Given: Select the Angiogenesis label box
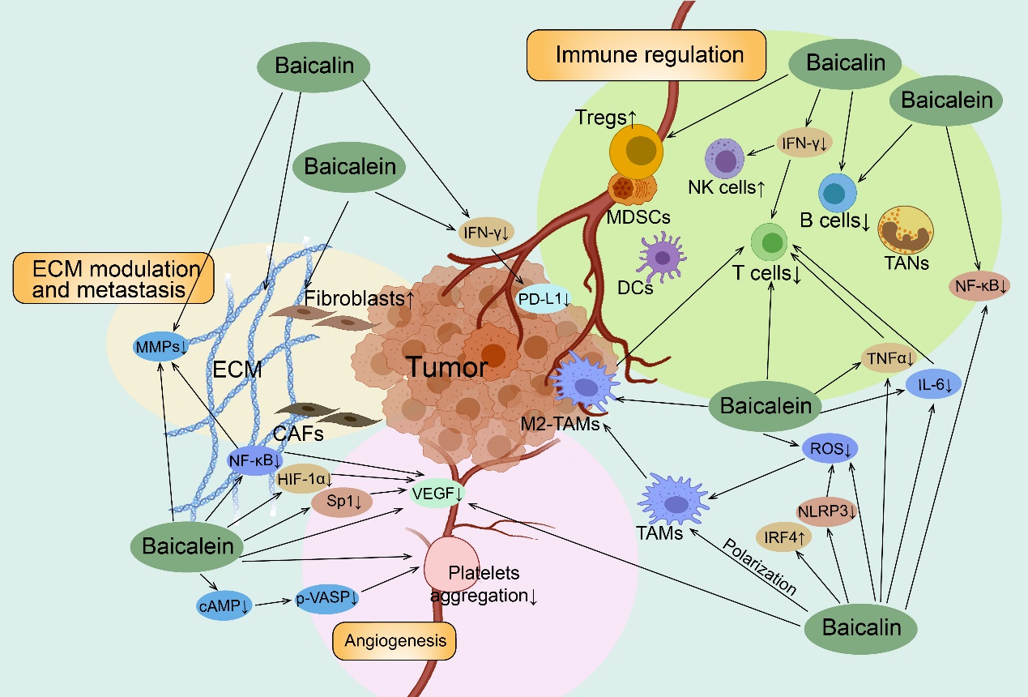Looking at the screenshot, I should coord(395,640).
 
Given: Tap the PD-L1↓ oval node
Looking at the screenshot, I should coord(544,298).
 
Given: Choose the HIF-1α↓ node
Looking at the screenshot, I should coord(306,479).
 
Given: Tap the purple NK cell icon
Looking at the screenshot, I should coord(724,160).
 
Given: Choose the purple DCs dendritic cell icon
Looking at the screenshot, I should coord(663,255).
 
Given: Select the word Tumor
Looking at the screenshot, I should coord(447,369).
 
